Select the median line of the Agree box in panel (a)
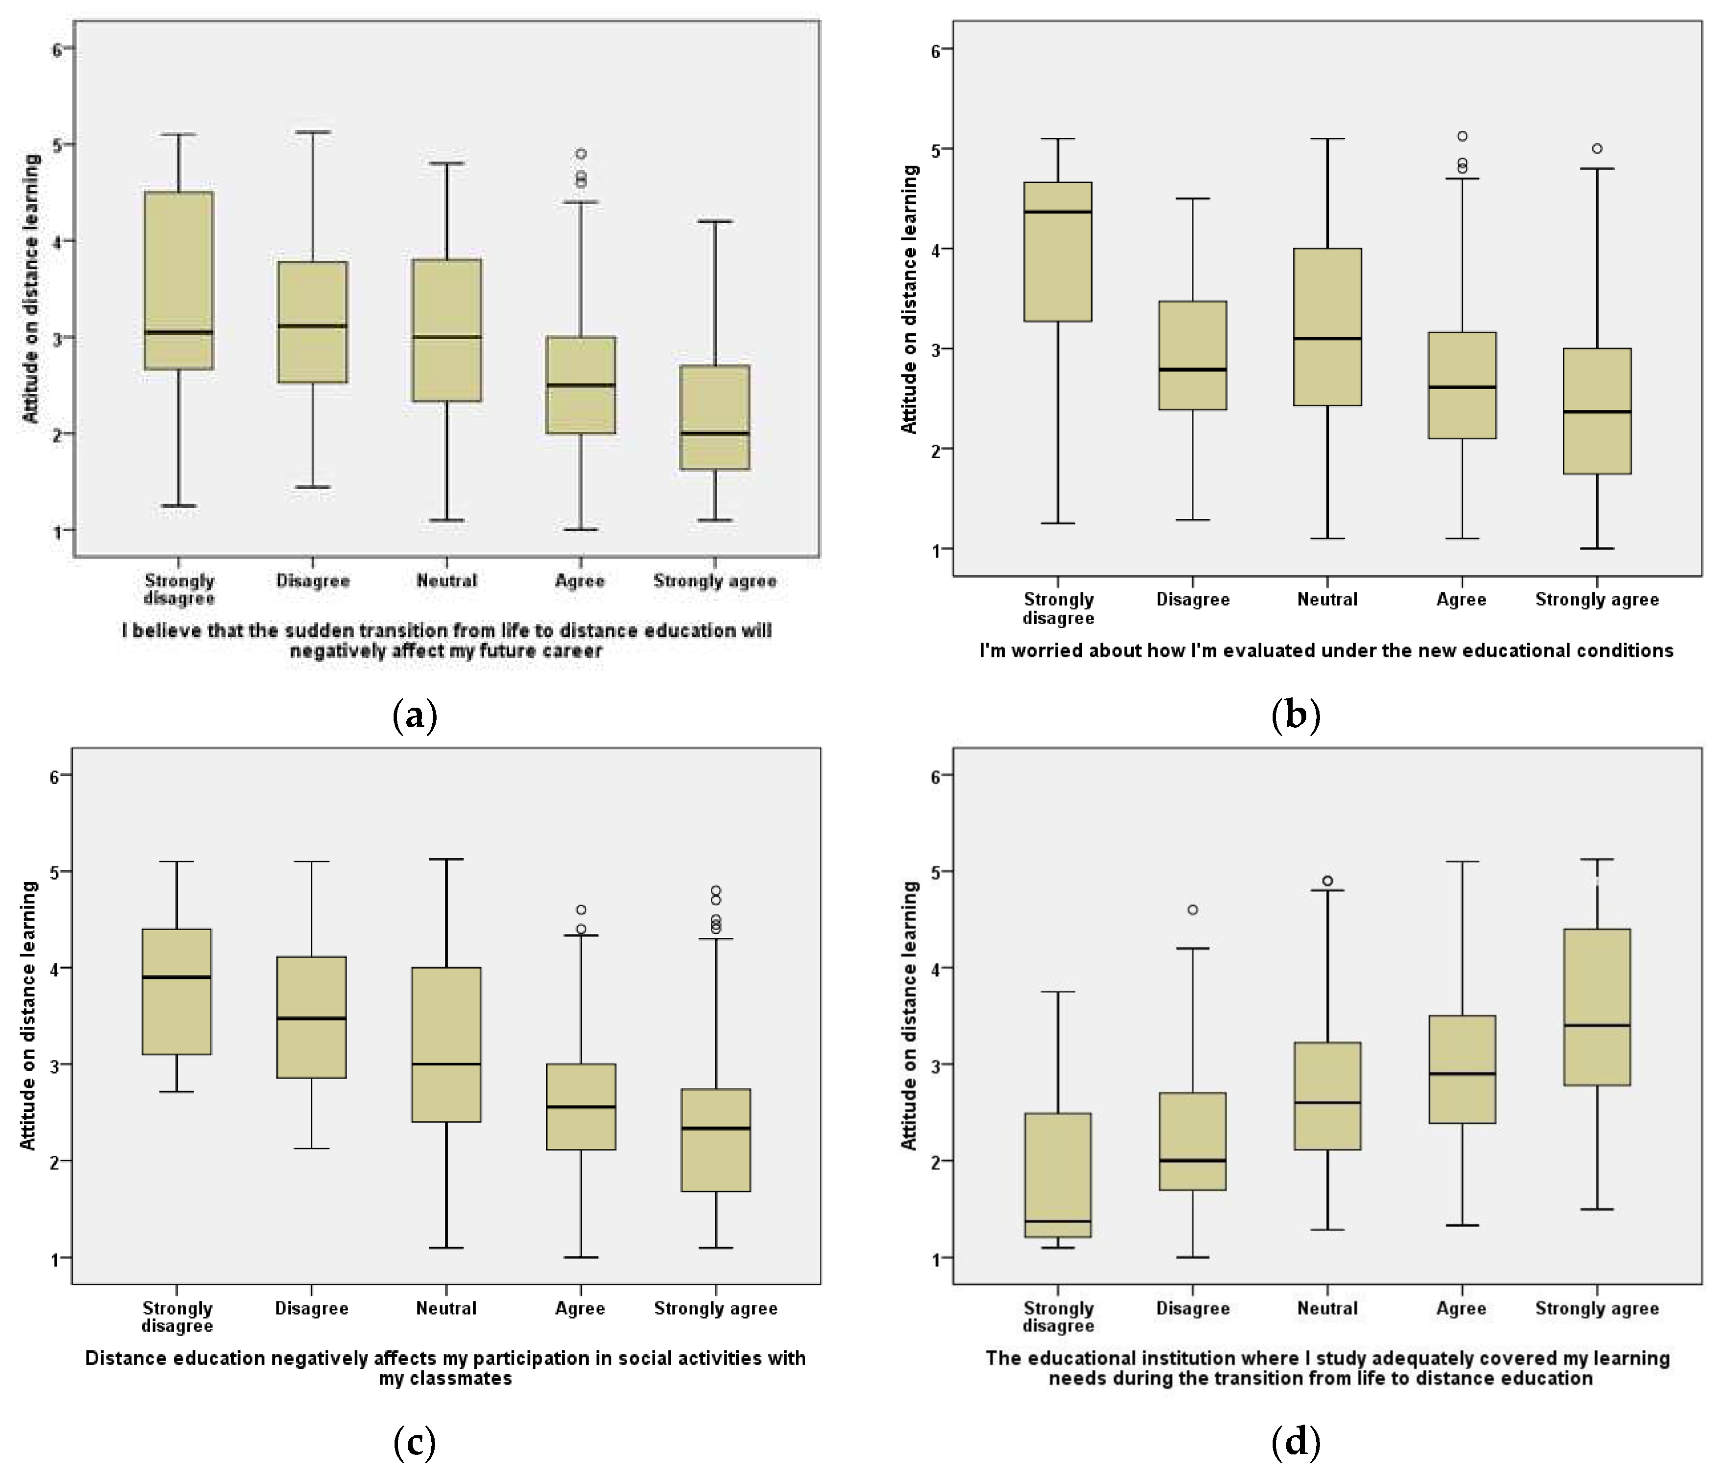pyautogui.click(x=580, y=385)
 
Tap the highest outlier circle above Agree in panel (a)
pyautogui.click(x=581, y=154)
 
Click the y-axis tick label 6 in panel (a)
pyautogui.click(x=57, y=49)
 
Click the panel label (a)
pyautogui.click(x=414, y=714)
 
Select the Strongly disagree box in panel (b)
pyautogui.click(x=1058, y=251)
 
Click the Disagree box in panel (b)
pyautogui.click(x=1192, y=355)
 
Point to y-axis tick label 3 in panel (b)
pyautogui.click(x=937, y=349)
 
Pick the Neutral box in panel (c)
pyautogui.click(x=447, y=1044)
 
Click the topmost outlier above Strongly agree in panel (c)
pyautogui.click(x=716, y=890)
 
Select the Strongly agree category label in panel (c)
pyautogui.click(x=716, y=1308)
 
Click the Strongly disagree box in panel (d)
pyautogui.click(x=1058, y=1175)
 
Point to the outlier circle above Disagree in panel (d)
pyautogui.click(x=1192, y=910)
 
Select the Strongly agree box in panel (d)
pyautogui.click(x=1597, y=1007)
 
